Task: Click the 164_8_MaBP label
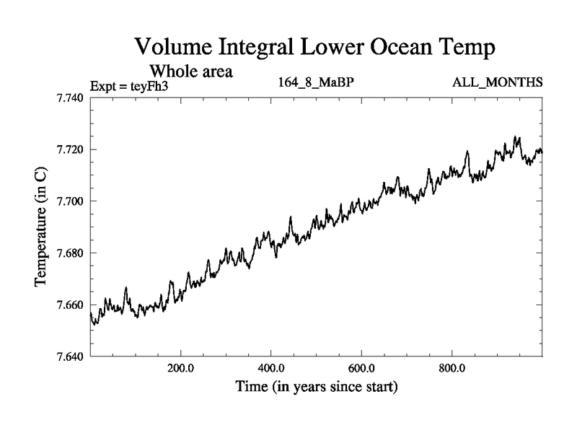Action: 316,82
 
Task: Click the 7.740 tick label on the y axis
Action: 72,97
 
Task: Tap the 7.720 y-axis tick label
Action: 72,149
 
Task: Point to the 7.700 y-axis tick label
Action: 72,201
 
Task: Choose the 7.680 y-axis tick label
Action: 72,253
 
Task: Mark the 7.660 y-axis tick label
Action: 72,305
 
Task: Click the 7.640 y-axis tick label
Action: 72,357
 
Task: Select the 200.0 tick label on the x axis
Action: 180,368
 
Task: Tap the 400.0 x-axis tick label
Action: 271,368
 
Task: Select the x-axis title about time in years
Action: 316,387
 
